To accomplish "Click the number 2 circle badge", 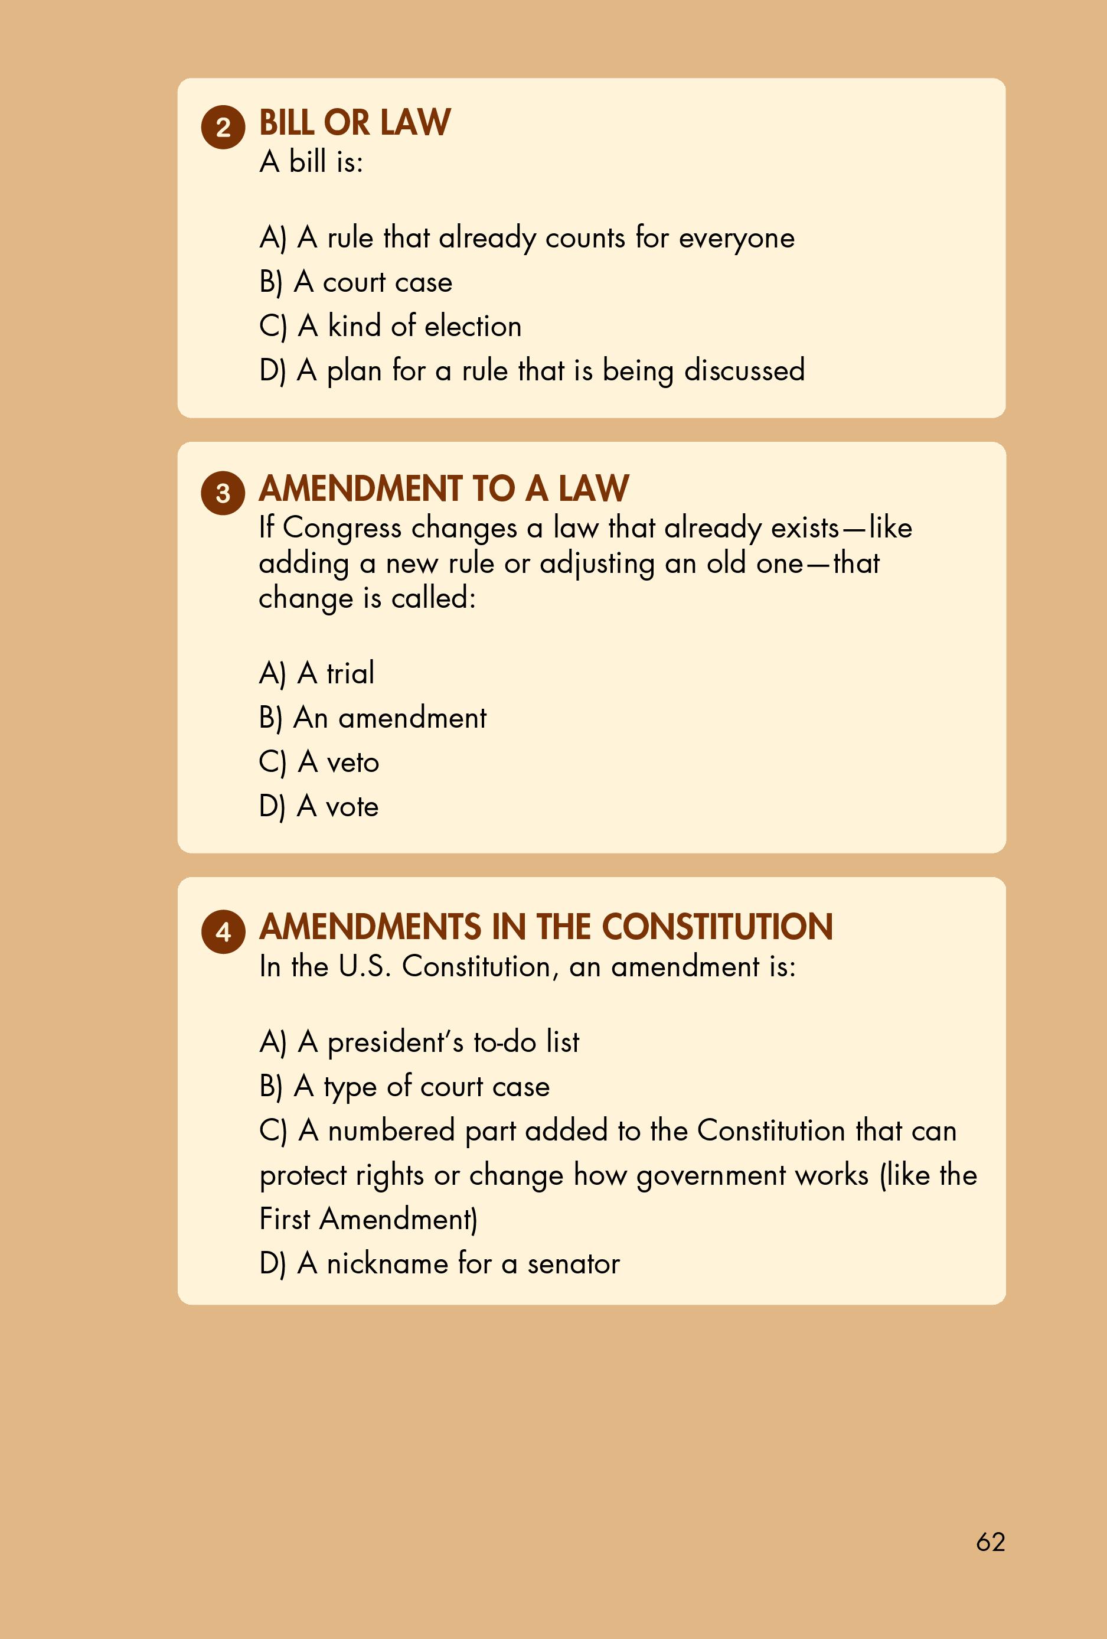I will pos(223,128).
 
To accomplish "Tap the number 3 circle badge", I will pos(223,493).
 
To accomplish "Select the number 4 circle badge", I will pos(223,933).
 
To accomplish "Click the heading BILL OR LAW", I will pos(355,123).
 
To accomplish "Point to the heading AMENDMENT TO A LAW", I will pos(443,488).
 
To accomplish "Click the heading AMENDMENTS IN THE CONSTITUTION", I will pos(546,927).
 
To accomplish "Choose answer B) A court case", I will pos(355,282).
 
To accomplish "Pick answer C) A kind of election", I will pos(390,327).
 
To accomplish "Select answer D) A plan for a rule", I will pos(531,371).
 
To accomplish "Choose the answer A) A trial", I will pos(316,673).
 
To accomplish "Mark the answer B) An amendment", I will pos(373,718).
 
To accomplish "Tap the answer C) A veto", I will pos(319,763).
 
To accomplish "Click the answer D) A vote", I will pos(319,807).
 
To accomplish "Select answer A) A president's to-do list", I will pos(419,1042).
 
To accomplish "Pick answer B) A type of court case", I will pos(404,1087).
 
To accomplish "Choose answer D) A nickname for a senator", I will pos(439,1264).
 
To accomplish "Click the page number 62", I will pos(990,1542).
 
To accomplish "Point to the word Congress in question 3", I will pos(342,528).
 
